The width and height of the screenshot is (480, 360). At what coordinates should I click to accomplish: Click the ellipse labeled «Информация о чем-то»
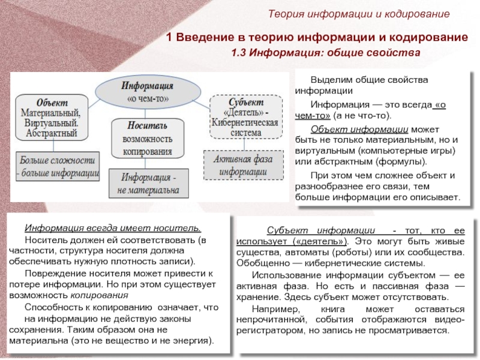coord(148,91)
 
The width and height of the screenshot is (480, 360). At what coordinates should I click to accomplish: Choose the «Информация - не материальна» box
coord(148,184)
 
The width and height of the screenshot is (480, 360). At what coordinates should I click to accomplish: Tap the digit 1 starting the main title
coord(170,38)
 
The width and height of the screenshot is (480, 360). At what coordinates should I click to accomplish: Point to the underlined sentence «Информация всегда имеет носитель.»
coord(113,228)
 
